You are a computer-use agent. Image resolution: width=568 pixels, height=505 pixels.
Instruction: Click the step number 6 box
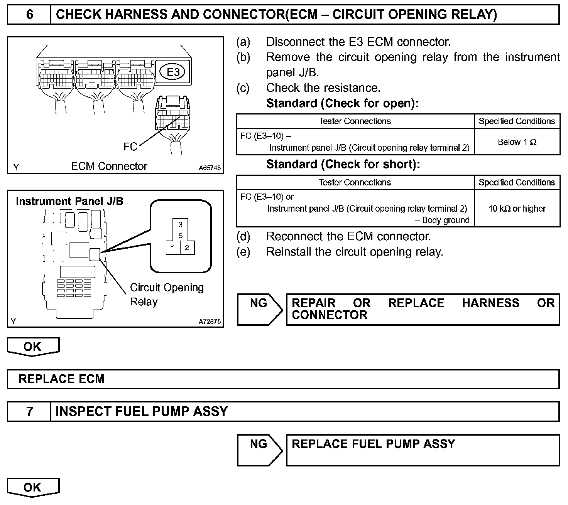29,15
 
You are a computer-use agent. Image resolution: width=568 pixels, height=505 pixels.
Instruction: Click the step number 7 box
29,411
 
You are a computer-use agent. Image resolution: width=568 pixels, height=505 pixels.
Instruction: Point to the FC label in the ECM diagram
130,146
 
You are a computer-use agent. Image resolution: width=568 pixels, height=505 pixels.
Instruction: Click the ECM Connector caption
109,166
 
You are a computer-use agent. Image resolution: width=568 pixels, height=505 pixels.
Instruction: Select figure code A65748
210,168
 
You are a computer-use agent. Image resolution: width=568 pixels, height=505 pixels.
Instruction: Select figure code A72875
210,322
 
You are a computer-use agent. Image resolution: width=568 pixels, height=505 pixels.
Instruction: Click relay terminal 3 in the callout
180,224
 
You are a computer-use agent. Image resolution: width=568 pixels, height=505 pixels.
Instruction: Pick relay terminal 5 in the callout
180,236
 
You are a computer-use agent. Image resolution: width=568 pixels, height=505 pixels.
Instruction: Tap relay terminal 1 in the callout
173,247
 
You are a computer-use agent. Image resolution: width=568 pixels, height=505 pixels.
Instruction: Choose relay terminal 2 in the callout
187,247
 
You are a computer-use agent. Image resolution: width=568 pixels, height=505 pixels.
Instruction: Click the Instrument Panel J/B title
69,201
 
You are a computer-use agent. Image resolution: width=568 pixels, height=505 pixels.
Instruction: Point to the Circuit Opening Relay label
166,294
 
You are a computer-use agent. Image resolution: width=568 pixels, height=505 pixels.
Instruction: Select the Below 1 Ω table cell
517,142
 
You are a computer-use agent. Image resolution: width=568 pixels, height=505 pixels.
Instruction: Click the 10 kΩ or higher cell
517,209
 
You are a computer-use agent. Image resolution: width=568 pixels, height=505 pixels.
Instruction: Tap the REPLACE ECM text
62,379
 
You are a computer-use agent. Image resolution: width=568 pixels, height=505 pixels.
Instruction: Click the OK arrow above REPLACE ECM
33,346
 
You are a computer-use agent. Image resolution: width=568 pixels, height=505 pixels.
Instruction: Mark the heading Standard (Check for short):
343,164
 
